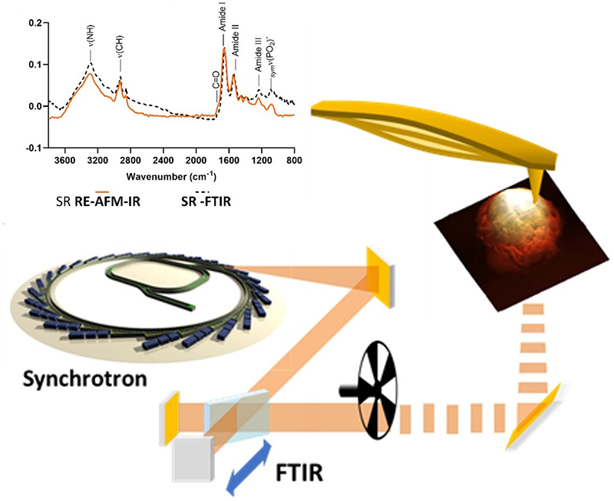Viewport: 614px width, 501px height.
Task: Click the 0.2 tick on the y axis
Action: [x=35, y=23]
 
